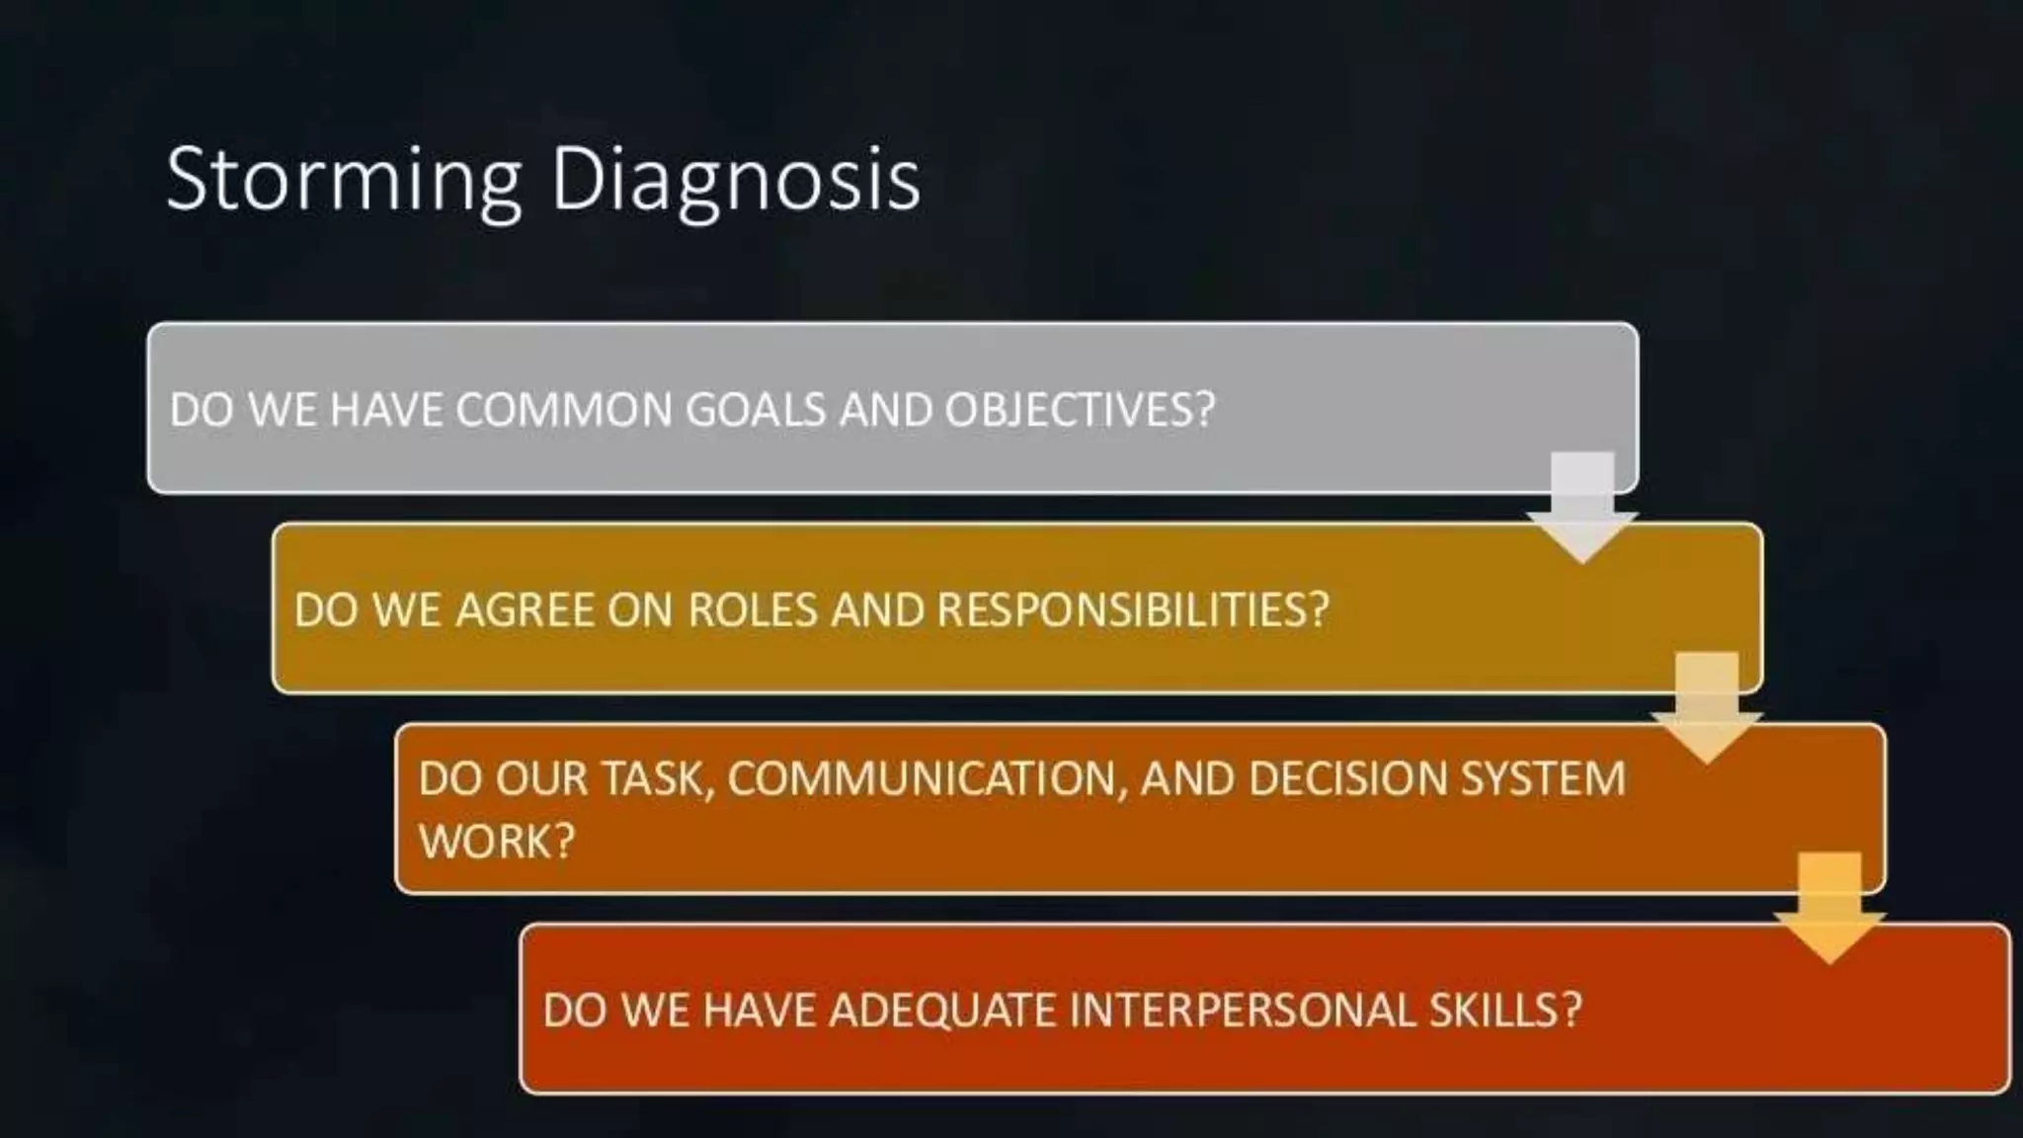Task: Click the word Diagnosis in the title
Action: tap(735, 179)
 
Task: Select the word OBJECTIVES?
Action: tap(1080, 409)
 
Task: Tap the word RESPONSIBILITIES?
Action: tap(1133, 609)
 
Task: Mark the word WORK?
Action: tap(496, 841)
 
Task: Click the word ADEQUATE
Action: tap(942, 1010)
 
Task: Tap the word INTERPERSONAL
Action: tap(1243, 1010)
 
